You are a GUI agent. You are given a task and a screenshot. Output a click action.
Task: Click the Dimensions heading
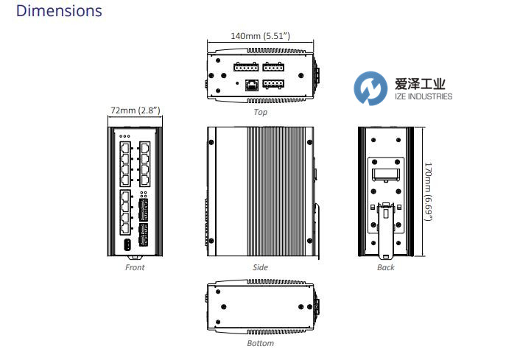(x=59, y=11)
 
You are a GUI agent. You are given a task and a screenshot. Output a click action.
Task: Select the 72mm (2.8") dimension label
(x=136, y=110)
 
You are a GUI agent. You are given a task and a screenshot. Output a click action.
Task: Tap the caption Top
(x=260, y=113)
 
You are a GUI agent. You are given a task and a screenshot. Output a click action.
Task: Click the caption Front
(x=135, y=267)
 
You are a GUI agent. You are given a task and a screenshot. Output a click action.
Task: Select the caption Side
(x=260, y=267)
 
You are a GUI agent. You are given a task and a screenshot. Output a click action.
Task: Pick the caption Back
(x=386, y=267)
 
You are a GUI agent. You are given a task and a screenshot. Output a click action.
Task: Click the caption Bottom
(x=260, y=343)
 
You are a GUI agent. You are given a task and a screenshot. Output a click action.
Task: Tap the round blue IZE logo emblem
(x=370, y=89)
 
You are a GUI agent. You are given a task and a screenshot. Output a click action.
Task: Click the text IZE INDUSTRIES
(x=420, y=96)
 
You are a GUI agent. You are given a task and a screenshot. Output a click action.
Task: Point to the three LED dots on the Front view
(x=124, y=136)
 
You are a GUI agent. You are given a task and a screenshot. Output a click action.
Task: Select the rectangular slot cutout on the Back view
(x=386, y=175)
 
